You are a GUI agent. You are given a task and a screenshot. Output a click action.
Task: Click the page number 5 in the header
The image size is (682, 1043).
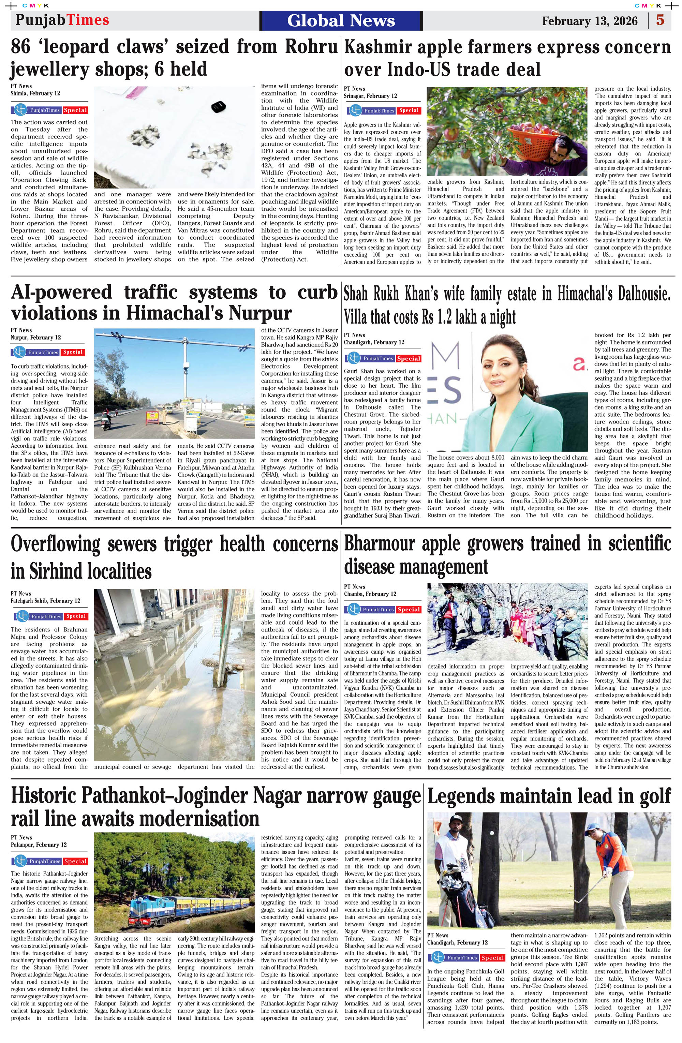point(661,20)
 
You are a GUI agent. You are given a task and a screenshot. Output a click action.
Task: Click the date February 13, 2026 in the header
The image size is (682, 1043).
point(590,21)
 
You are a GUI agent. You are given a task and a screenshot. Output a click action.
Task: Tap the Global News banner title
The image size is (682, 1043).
point(341,20)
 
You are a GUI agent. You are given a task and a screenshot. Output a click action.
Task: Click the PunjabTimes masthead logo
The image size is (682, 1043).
point(62,20)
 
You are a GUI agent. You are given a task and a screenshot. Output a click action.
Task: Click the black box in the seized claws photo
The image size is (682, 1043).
point(218,106)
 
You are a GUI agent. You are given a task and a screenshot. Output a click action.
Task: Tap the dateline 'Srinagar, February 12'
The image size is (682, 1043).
point(370,96)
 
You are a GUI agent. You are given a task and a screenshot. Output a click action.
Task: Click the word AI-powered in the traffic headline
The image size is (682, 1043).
point(61,292)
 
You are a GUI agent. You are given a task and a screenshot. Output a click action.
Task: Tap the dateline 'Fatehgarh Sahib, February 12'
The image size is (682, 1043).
point(46,601)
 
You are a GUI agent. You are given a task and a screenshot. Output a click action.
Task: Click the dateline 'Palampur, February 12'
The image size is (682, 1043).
point(39,845)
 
